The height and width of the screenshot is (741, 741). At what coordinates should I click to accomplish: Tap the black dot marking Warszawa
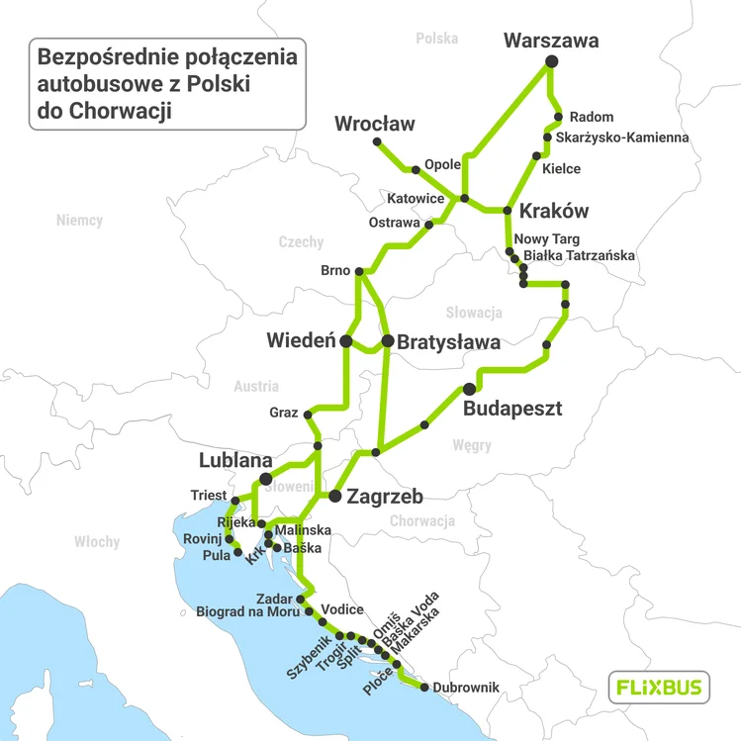tap(552, 62)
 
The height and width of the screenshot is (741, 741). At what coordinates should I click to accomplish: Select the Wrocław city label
tap(375, 124)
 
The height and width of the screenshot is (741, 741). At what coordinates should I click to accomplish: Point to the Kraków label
tap(553, 211)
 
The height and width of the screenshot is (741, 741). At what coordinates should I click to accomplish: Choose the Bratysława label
tap(448, 342)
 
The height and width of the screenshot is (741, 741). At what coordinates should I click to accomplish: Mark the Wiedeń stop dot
tap(346, 341)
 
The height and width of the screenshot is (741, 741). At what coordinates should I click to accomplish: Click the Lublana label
tap(235, 461)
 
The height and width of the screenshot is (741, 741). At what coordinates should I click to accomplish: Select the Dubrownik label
tap(466, 688)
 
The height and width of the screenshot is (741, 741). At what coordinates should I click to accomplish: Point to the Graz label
tap(283, 413)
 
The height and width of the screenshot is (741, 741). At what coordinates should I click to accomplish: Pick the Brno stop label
tap(336, 271)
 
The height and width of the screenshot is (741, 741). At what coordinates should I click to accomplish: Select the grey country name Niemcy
tap(79, 220)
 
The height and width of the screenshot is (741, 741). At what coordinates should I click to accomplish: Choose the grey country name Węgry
tap(472, 445)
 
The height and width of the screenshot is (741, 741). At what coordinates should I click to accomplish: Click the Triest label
tap(209, 495)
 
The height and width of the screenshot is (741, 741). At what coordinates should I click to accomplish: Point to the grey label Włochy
tap(97, 542)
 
